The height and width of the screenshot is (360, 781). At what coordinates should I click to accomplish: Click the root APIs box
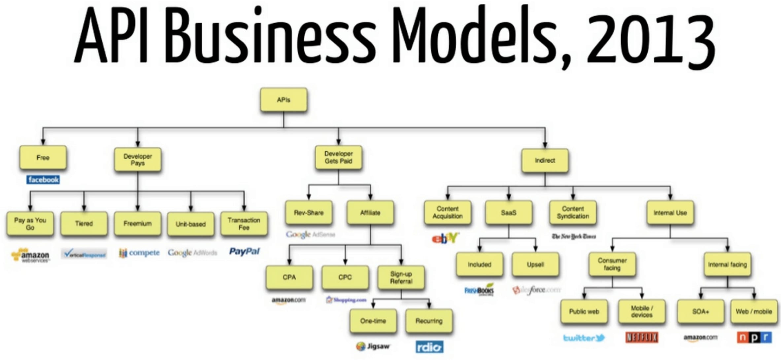tap(284, 100)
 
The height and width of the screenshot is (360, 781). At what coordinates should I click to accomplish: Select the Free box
tap(43, 158)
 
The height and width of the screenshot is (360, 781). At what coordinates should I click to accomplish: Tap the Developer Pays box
tap(138, 160)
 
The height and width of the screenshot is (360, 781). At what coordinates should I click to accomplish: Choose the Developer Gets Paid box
tap(338, 158)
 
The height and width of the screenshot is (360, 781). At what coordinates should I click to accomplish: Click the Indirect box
tap(545, 161)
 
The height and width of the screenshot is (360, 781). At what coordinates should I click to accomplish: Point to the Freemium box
tap(138, 224)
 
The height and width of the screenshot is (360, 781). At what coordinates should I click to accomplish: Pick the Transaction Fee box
tap(244, 224)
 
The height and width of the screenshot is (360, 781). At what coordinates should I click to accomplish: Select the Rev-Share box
tap(309, 213)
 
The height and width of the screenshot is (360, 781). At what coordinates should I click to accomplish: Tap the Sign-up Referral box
tap(401, 277)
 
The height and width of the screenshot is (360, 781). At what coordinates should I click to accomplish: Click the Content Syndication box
tap(573, 213)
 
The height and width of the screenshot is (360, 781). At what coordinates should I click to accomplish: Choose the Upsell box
tap(535, 265)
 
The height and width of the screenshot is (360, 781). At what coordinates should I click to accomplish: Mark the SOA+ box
tap(700, 311)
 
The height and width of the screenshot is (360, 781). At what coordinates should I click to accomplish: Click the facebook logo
tap(43, 180)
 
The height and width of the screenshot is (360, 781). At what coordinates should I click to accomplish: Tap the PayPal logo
tap(244, 252)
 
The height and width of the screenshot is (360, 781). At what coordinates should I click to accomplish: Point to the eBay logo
tap(445, 238)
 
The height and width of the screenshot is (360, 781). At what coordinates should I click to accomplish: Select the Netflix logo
tap(642, 337)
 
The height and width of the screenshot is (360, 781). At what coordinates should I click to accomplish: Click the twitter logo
tap(584, 338)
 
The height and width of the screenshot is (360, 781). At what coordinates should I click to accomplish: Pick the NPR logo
tap(754, 337)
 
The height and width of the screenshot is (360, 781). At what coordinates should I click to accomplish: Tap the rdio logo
tap(429, 347)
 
